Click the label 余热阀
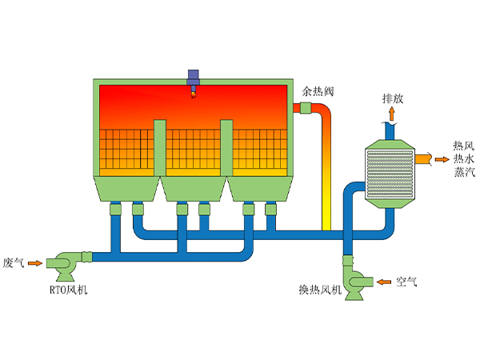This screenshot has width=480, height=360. [318, 92]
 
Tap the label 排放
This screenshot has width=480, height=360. [392, 98]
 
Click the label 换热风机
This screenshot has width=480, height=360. [320, 290]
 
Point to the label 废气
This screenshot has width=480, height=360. [14, 262]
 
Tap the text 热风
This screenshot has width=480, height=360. [463, 146]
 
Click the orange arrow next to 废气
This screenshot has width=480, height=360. [36, 262]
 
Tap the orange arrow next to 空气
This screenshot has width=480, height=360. [382, 282]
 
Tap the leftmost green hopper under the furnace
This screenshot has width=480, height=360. [127, 189]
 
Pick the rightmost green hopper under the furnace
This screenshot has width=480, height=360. [259, 189]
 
